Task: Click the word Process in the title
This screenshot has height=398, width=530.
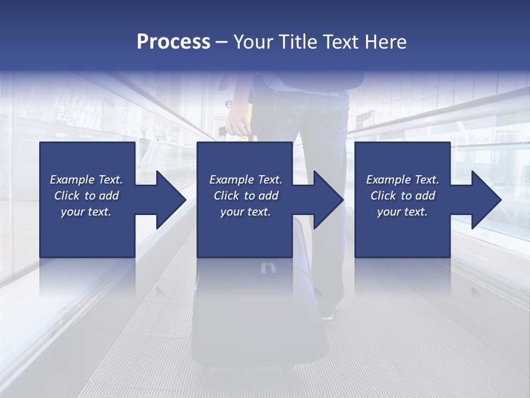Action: (173, 42)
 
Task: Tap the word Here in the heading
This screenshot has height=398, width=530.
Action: (385, 42)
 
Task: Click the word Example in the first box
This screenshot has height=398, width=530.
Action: (72, 180)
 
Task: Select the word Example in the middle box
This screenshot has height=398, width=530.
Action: (231, 180)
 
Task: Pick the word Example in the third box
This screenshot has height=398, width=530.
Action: (388, 180)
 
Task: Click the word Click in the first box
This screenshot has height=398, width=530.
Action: (67, 196)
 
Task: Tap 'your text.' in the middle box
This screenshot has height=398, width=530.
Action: (245, 212)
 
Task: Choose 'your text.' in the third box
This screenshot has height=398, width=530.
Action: (402, 212)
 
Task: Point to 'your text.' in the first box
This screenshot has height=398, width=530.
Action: (86, 212)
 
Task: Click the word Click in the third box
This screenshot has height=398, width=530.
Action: (384, 196)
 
